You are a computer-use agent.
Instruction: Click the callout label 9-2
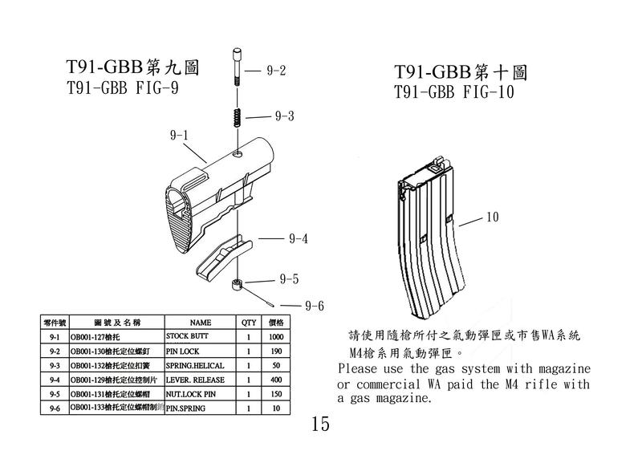click(275, 71)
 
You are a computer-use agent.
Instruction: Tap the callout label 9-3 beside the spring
click(284, 116)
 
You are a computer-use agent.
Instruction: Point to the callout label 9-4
click(299, 238)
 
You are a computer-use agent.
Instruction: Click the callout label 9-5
click(289, 279)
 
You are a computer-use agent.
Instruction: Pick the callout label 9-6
click(314, 306)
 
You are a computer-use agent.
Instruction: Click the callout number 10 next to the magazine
click(493, 217)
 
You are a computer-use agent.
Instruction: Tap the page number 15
click(319, 424)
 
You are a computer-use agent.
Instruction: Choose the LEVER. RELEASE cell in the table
click(195, 380)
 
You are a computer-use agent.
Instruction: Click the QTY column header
click(249, 322)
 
